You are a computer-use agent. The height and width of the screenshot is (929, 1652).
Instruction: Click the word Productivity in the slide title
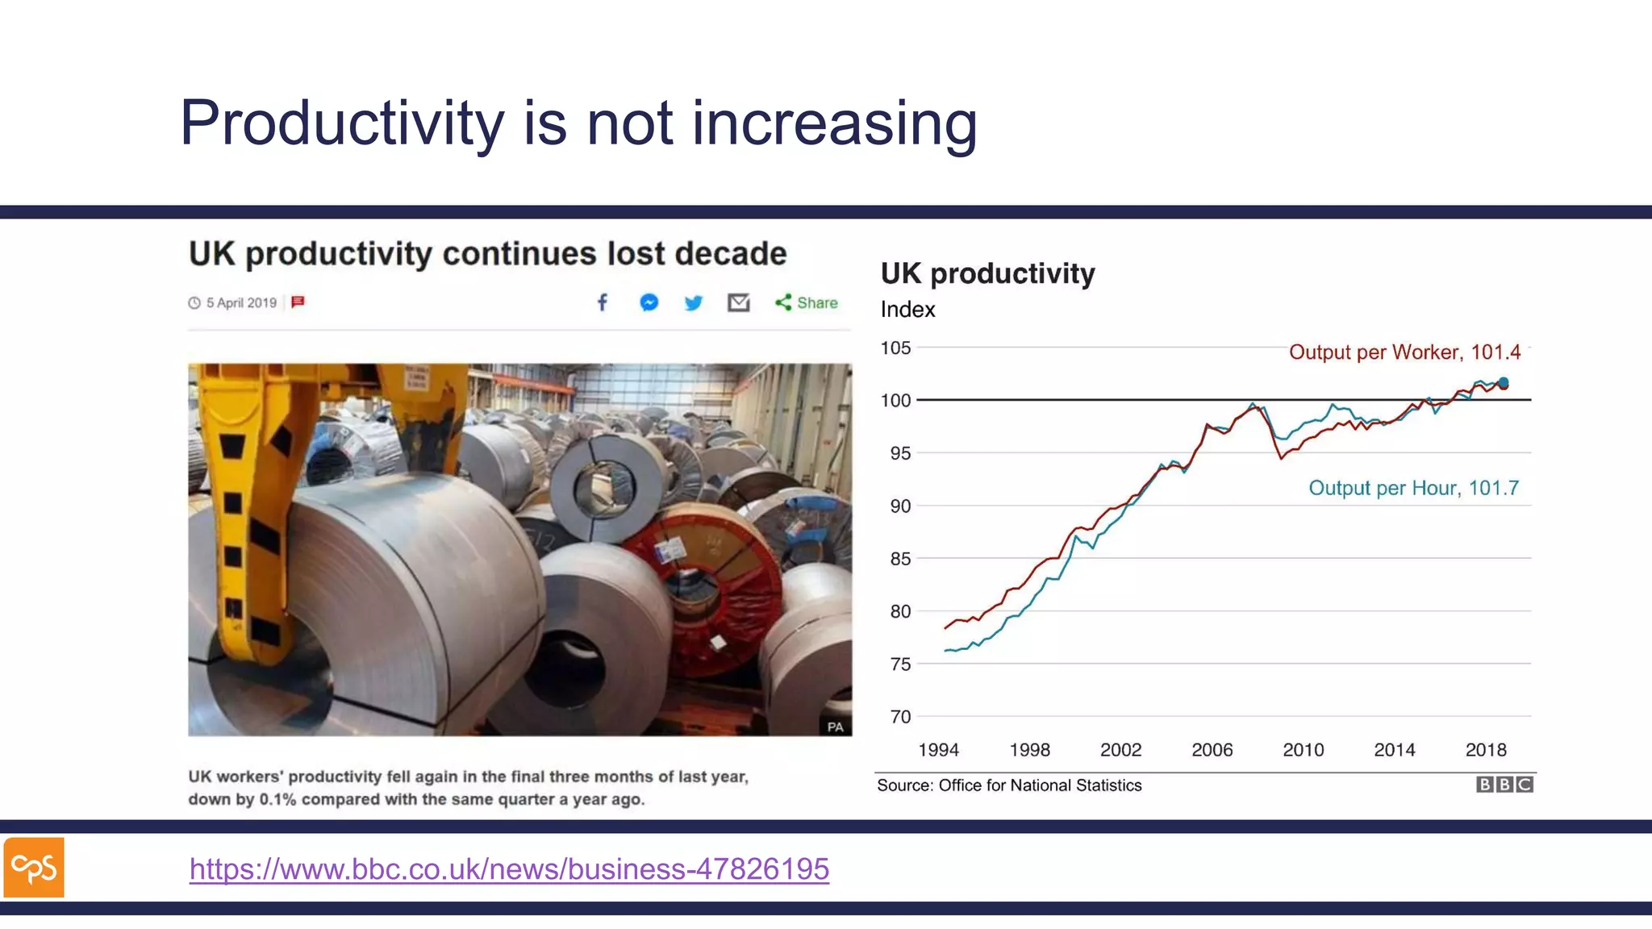click(x=341, y=123)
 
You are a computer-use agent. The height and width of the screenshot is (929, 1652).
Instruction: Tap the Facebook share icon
click(x=603, y=302)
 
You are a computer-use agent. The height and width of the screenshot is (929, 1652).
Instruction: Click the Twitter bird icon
click(x=693, y=303)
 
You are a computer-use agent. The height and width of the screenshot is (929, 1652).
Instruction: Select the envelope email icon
click(x=738, y=302)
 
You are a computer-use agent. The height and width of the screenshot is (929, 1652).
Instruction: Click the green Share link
click(x=807, y=302)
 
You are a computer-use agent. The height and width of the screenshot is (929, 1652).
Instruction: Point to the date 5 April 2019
click(x=240, y=303)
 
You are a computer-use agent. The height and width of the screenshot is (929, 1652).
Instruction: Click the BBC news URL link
click(x=509, y=869)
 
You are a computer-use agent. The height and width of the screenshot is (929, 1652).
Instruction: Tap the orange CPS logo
click(x=34, y=868)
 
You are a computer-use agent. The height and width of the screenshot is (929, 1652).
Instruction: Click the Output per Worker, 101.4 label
click(x=1404, y=352)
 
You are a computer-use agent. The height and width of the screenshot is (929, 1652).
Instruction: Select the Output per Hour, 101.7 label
click(x=1413, y=488)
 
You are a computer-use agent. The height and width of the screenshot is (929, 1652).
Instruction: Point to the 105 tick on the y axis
click(x=895, y=348)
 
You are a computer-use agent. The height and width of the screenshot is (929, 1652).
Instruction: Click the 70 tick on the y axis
click(x=900, y=717)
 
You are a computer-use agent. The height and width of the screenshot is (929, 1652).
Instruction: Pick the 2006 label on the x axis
click(x=1212, y=750)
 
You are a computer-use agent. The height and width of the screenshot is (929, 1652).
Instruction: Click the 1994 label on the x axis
click(x=938, y=750)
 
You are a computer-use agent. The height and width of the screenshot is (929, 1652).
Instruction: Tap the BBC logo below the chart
click(x=1504, y=785)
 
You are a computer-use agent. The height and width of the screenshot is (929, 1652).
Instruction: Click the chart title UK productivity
click(x=987, y=273)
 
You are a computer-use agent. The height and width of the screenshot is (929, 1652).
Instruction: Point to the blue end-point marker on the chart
click(x=1503, y=383)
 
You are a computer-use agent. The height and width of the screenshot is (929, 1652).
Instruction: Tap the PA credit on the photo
click(x=835, y=727)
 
